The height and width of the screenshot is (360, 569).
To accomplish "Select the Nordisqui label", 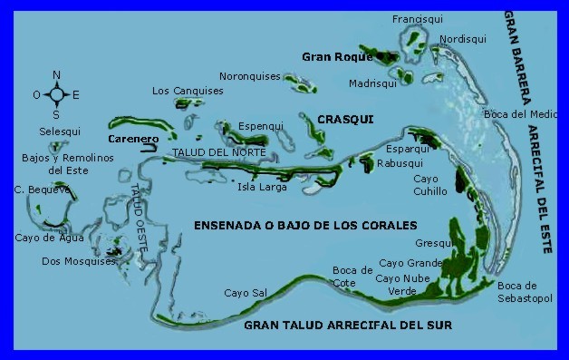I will (463, 39).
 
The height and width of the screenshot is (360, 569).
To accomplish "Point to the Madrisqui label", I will (372, 83).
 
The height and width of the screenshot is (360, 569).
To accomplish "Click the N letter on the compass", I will (56, 75).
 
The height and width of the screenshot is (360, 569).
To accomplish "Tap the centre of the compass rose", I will (56, 94).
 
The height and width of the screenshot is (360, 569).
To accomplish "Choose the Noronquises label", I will (250, 77).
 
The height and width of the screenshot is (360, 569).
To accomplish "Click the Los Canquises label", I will (188, 91).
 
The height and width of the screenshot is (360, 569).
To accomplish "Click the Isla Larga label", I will (262, 188).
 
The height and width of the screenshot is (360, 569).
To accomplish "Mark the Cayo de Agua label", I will (49, 238).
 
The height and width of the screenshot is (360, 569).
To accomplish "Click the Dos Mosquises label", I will (79, 262).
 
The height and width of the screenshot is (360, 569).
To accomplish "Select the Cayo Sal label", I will (246, 293).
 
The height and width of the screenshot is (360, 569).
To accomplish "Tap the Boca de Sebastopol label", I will (524, 291).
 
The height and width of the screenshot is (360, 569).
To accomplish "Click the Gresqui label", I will (434, 244).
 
